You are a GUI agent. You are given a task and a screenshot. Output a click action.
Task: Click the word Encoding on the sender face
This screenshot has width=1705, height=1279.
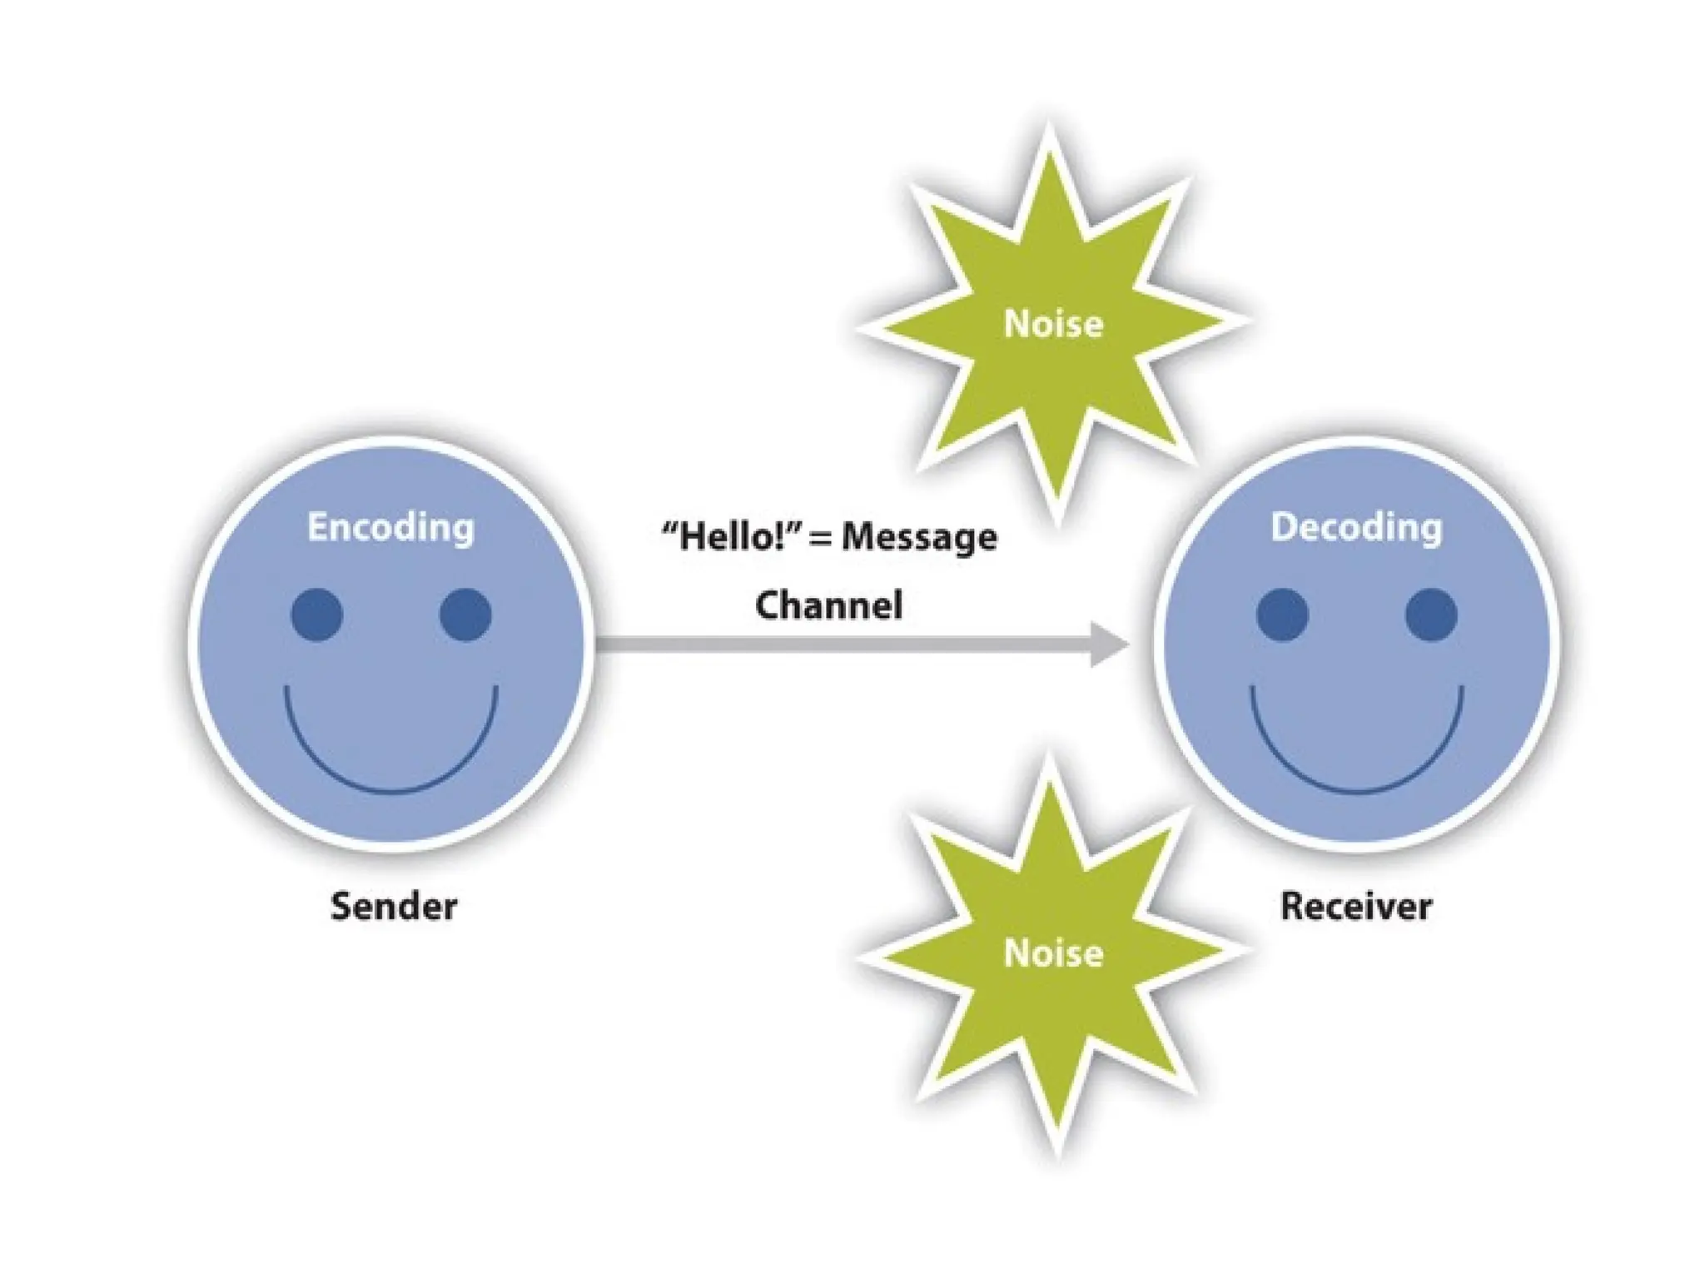point(390,527)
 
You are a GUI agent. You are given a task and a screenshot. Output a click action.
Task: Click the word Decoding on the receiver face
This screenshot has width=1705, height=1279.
point(1355,527)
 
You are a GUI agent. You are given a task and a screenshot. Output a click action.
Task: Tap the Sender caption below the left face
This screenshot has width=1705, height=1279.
point(393,906)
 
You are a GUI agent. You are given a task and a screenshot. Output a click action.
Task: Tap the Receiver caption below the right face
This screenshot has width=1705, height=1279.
point(1355,906)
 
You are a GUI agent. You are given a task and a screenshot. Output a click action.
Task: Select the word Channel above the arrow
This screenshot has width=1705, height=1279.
point(828,605)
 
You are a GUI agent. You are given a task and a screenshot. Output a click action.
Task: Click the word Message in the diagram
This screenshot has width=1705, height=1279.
point(919,537)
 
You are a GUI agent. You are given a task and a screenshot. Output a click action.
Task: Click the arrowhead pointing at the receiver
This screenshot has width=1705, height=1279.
point(1108,644)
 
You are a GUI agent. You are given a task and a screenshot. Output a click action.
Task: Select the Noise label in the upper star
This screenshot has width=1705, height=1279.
point(1053,324)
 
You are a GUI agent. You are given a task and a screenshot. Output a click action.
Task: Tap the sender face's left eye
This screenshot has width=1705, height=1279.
point(317,615)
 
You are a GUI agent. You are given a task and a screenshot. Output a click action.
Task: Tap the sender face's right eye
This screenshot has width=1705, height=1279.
point(465,615)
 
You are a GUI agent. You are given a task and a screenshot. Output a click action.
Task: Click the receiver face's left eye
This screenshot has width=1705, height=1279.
point(1282,615)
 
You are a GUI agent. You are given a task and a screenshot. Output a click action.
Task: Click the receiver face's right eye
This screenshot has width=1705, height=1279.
point(1430,615)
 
